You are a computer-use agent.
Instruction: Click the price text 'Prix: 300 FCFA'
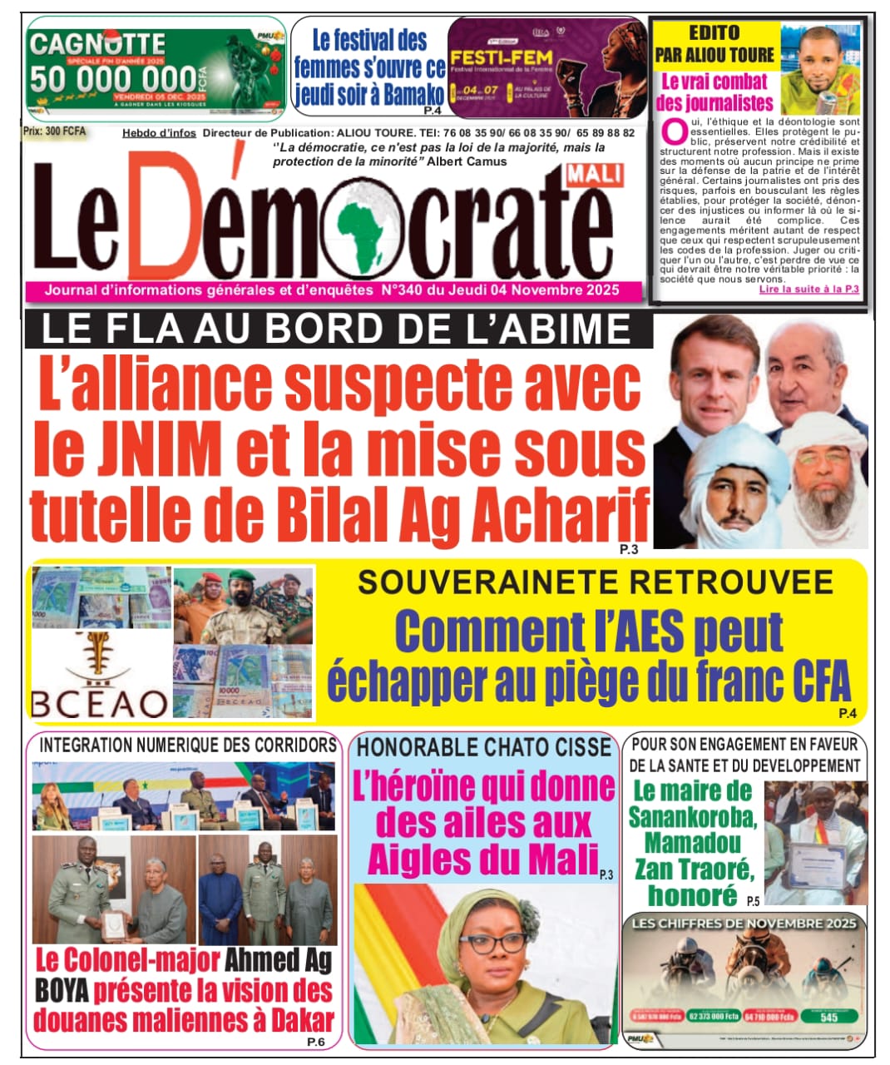[x=55, y=131]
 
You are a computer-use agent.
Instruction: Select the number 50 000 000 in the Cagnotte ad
[x=113, y=80]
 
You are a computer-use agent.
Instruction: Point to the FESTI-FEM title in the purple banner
[x=487, y=59]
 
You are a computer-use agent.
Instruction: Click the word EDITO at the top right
[x=714, y=32]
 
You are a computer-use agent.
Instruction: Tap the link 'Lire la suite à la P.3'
[x=808, y=290]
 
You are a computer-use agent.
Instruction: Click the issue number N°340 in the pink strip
[x=403, y=290]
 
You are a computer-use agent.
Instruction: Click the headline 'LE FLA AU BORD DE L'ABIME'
[x=336, y=330]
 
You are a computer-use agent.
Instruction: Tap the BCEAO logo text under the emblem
[x=100, y=704]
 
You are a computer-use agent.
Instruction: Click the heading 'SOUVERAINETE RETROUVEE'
[x=595, y=582]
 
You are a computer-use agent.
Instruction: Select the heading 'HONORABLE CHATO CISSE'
[x=484, y=747]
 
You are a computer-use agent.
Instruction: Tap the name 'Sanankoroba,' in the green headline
[x=692, y=817]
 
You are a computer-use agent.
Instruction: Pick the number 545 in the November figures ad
[x=828, y=1017]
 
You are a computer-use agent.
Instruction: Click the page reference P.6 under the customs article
[x=315, y=1042]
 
